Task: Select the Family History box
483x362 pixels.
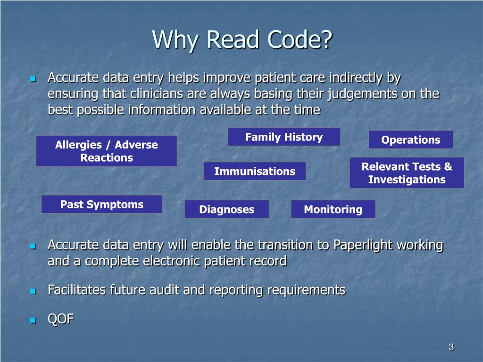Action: pyautogui.click(x=284, y=137)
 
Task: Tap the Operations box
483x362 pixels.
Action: pyautogui.click(x=410, y=140)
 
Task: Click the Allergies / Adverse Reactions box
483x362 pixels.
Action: pyautogui.click(x=107, y=151)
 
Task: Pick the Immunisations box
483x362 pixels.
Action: pyautogui.click(x=255, y=171)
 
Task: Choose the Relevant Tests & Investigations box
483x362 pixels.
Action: pyautogui.click(x=407, y=173)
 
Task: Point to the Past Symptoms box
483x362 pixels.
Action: pyautogui.click(x=102, y=205)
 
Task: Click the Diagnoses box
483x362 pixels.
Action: pyautogui.click(x=226, y=209)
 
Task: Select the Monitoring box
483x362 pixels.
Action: pyautogui.click(x=333, y=209)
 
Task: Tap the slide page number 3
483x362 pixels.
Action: pyautogui.click(x=451, y=348)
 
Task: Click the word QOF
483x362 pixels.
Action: pyautogui.click(x=61, y=319)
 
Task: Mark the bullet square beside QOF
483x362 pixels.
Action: pyautogui.click(x=33, y=320)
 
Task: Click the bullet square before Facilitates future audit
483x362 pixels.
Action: pyautogui.click(x=33, y=291)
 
